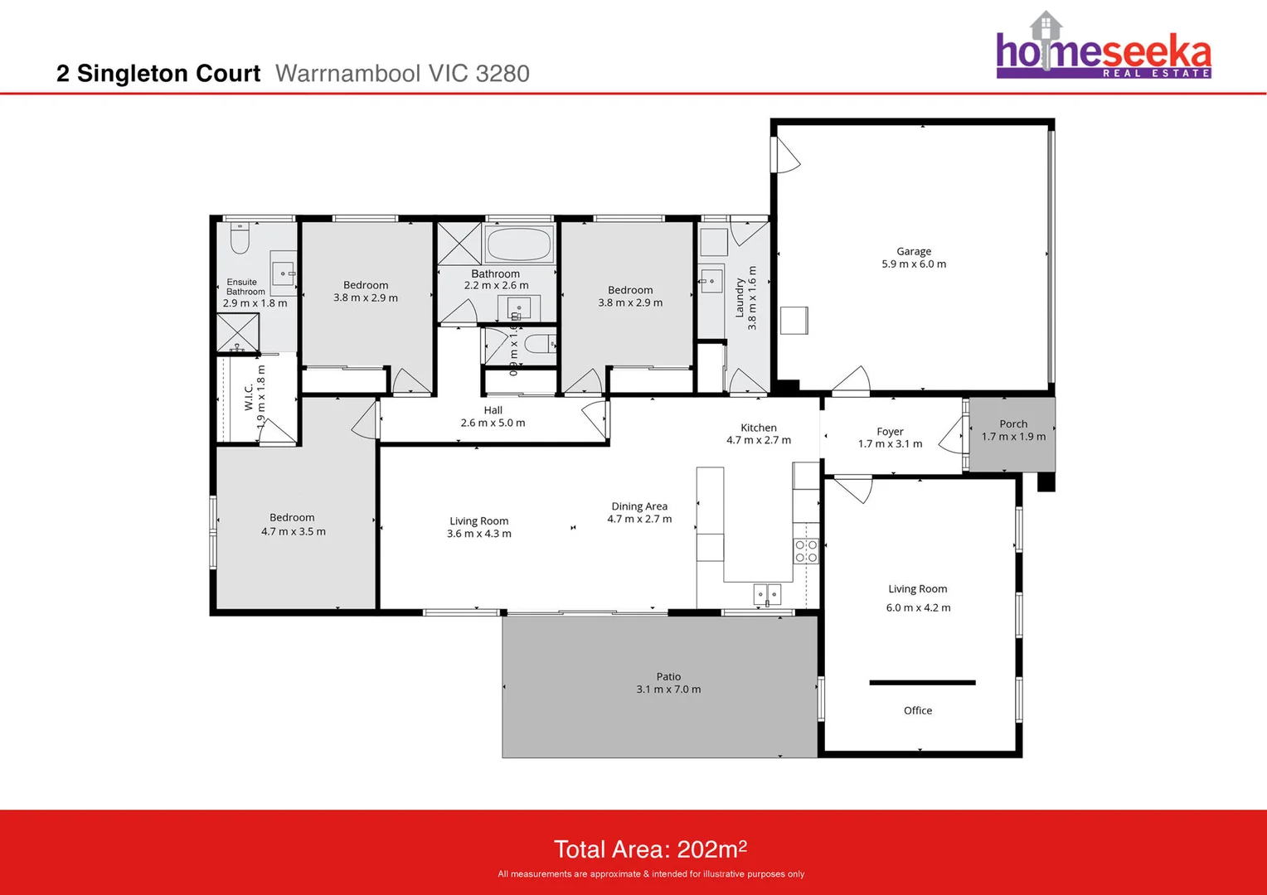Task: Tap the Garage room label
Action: [913, 251]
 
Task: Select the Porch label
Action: [1012, 423]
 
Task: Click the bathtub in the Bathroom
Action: [519, 244]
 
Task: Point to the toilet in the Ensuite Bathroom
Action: [240, 239]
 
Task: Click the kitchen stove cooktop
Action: [806, 551]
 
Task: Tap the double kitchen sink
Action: [767, 594]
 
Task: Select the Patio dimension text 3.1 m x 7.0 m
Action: [668, 689]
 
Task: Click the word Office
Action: [917, 710]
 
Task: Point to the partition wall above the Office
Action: [922, 683]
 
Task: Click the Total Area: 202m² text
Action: [650, 849]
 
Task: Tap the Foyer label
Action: [890, 432]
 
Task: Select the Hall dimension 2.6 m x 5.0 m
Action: [493, 423]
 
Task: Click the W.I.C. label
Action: [249, 397]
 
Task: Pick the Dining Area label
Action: [639, 506]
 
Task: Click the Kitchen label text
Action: [759, 428]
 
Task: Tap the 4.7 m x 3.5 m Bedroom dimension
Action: [293, 532]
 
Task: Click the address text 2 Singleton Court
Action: [158, 74]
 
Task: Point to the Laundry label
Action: [740, 298]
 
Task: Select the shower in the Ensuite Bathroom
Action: [238, 333]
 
